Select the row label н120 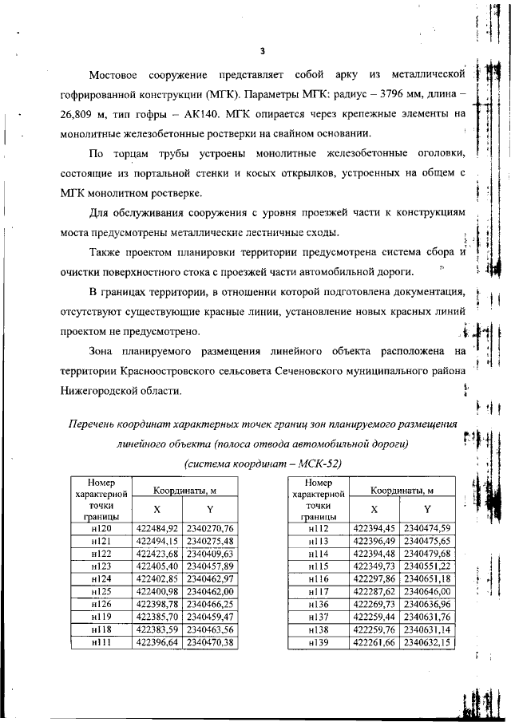tap(102, 528)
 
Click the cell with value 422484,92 tap(156, 528)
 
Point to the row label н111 tap(102, 642)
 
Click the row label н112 tap(319, 528)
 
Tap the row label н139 tap(319, 642)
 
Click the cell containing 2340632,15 tap(427, 642)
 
